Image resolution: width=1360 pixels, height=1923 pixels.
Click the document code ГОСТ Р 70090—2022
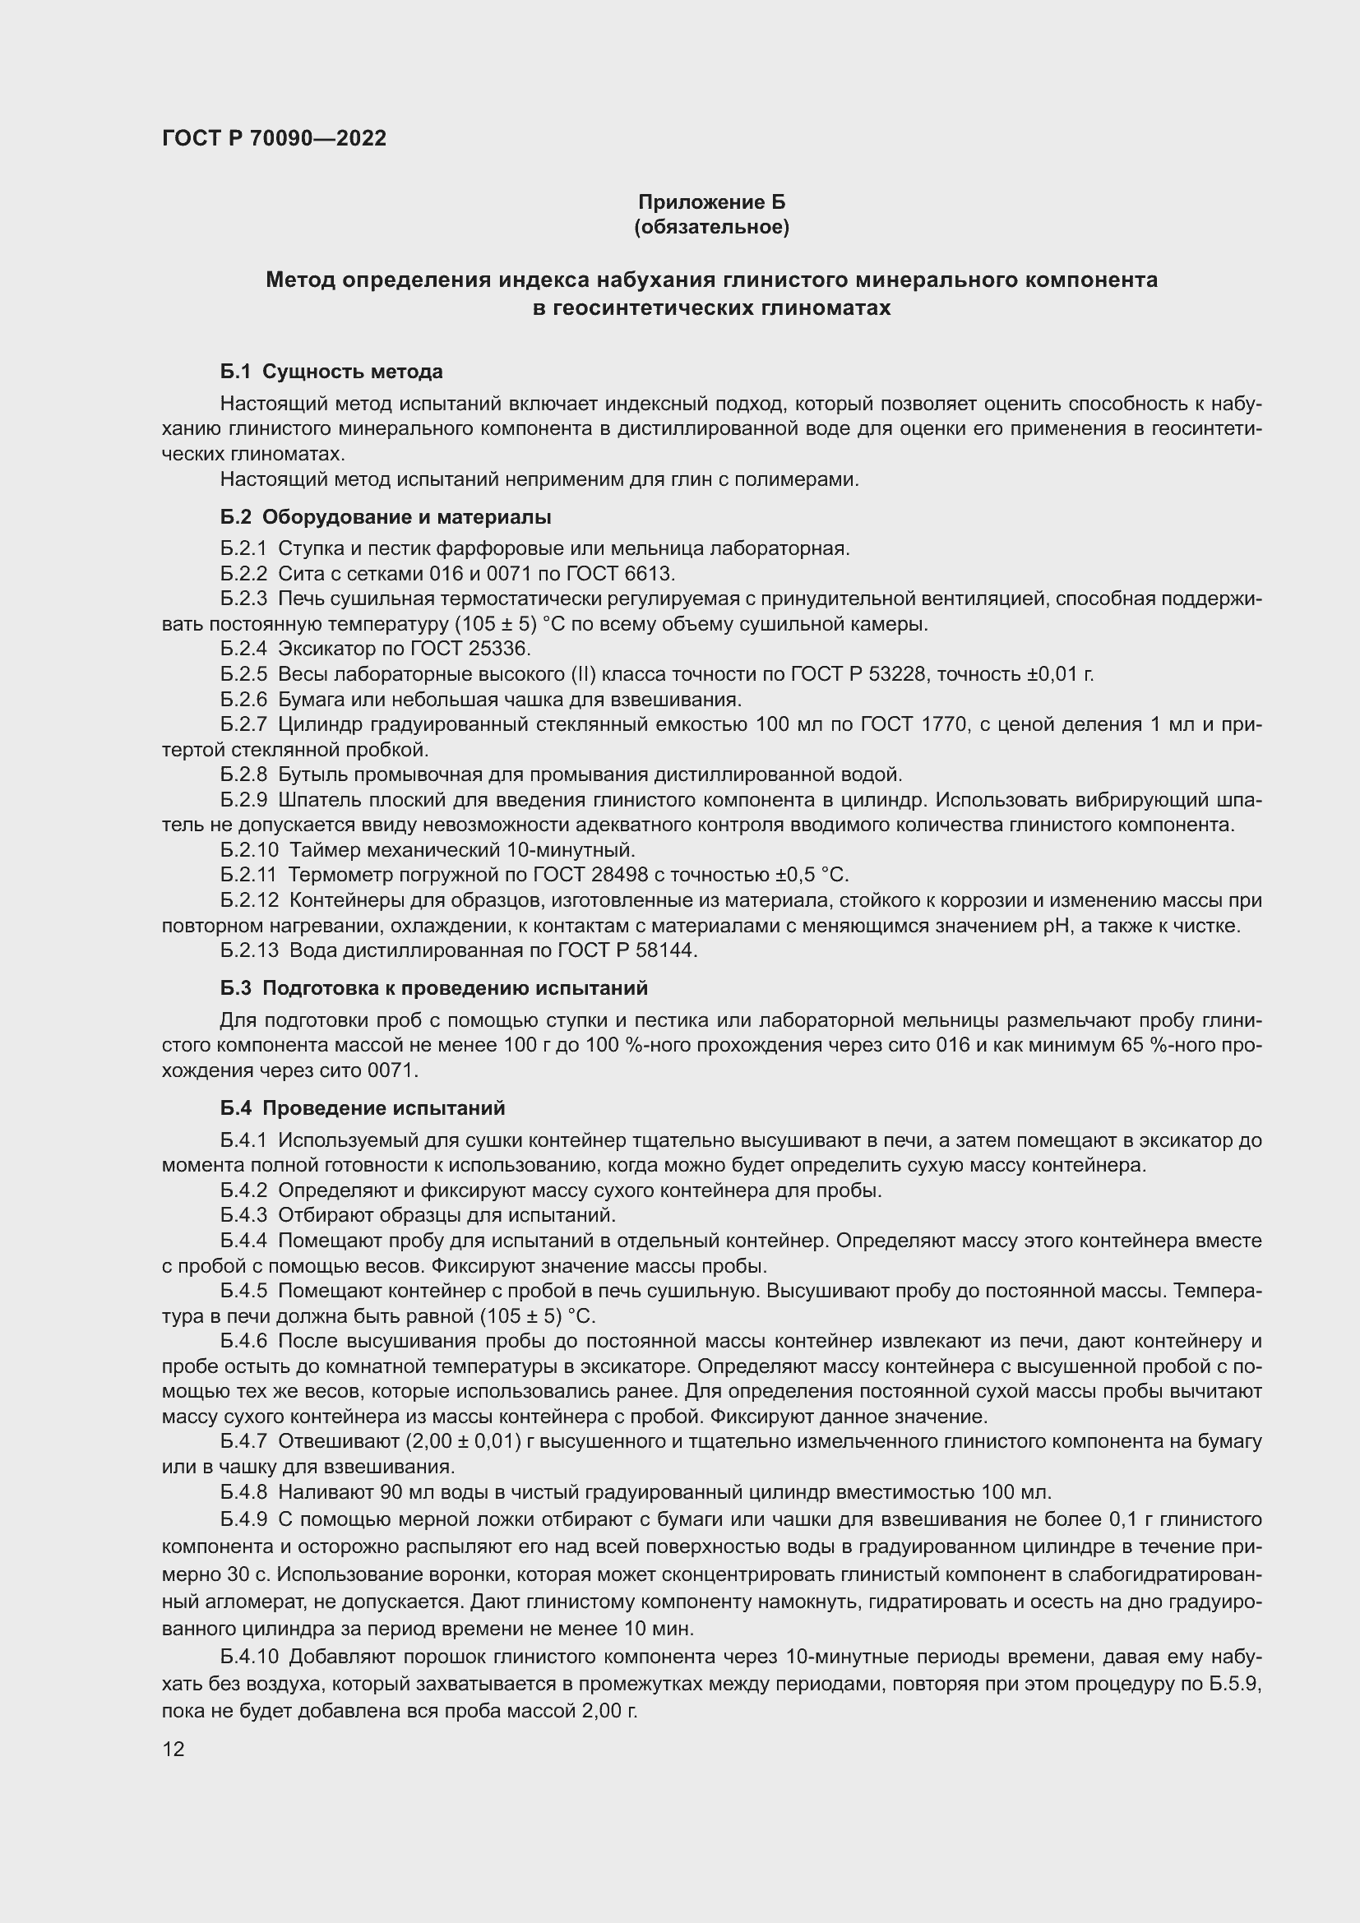274,138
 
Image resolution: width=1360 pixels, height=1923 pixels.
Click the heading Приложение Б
712,202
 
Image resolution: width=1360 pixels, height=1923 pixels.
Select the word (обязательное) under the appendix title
712,227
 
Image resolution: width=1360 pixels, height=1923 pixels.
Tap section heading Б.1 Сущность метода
331,371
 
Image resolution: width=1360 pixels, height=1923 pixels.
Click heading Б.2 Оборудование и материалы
385,517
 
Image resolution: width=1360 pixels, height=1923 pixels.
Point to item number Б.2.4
243,648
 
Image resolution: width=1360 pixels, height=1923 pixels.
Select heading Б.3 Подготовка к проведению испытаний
434,987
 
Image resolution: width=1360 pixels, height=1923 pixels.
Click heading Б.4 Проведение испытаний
363,1108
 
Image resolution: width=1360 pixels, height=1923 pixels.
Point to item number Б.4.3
243,1214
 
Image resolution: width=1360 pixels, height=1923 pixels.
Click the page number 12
173,1749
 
